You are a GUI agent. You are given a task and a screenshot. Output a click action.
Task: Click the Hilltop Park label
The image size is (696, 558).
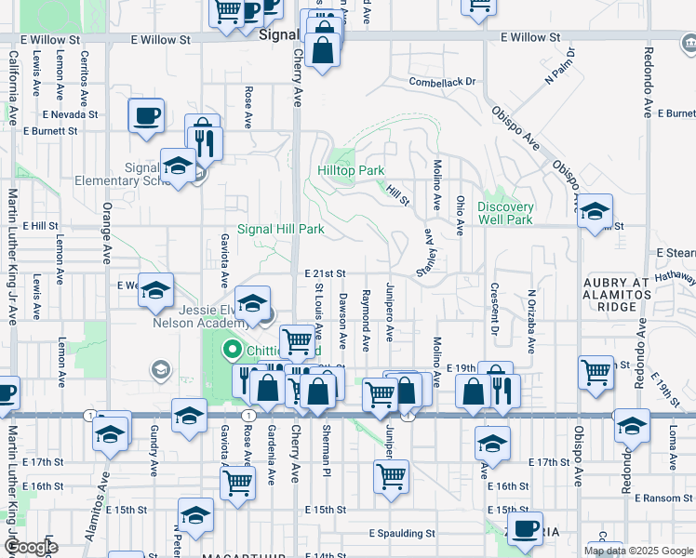coord(350,171)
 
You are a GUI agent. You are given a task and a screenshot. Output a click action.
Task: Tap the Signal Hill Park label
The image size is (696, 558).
coord(280,229)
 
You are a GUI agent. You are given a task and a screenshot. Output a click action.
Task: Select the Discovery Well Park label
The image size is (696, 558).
coord(505,213)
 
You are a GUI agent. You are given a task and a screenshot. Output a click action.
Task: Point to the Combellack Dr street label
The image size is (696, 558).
coord(442,82)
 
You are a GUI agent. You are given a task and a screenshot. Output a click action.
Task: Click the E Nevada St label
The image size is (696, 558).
coord(70,114)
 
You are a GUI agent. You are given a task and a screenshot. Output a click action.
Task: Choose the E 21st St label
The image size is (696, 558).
coord(325,273)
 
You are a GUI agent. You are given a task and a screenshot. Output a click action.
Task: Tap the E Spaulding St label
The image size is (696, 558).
coord(401,534)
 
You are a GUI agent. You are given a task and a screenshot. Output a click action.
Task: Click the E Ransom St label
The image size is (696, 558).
coord(664,498)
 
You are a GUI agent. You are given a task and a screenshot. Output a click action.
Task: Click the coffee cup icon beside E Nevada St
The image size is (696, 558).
coord(146,116)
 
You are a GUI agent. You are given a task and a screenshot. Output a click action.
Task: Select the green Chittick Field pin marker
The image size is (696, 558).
coord(231,351)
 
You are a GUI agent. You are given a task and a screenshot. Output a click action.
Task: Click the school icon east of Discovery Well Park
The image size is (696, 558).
coord(594,212)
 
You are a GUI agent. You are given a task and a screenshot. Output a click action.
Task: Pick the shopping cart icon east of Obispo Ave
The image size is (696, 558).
coord(596,373)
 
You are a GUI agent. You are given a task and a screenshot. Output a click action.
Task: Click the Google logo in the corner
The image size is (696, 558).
coord(30,547)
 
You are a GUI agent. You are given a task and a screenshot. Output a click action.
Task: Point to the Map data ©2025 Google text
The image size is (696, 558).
coord(639,551)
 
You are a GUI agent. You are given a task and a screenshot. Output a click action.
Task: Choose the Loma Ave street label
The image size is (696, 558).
coord(670,445)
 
